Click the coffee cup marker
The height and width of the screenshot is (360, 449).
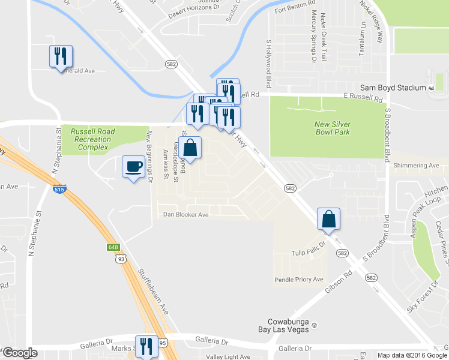tap(133, 166)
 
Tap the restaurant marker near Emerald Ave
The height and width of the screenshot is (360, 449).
tap(61, 56)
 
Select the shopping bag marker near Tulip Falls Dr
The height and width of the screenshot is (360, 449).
tap(329, 219)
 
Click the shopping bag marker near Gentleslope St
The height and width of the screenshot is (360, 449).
tap(190, 148)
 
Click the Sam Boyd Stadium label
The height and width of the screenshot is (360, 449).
tap(397, 88)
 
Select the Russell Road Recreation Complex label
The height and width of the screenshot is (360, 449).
tap(91, 139)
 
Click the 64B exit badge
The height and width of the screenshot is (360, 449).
tap(114, 247)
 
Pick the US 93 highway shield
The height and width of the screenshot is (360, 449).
tap(121, 259)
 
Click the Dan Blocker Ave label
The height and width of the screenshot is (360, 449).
tap(185, 215)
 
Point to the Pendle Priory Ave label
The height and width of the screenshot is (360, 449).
tap(298, 280)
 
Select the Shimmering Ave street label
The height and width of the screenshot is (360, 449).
tap(417, 166)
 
